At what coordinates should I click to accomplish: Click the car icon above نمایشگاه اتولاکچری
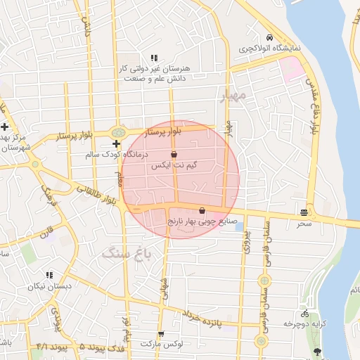pyautogui.click(x=269, y=38)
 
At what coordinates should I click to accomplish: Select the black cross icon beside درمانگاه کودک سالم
pyautogui.click(x=116, y=143)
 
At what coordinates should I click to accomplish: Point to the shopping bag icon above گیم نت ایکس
pyautogui.click(x=174, y=154)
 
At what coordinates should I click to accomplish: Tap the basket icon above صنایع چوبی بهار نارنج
pyautogui.click(x=202, y=210)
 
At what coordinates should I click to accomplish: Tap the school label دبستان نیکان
pyautogui.click(x=50, y=286)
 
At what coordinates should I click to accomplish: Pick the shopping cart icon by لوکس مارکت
pyautogui.click(x=161, y=334)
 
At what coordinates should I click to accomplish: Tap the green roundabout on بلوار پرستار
pyautogui.click(x=117, y=131)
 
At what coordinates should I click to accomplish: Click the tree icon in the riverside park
pyautogui.click(x=317, y=351)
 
